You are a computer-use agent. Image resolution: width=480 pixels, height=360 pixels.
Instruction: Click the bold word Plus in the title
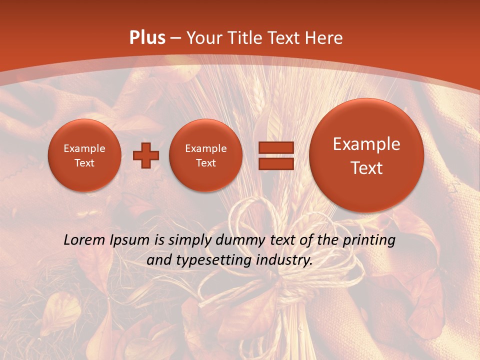coord(147,38)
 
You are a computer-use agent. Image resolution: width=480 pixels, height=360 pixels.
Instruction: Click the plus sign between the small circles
coord(146,155)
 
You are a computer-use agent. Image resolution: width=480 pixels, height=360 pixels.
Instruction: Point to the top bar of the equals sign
coord(276,147)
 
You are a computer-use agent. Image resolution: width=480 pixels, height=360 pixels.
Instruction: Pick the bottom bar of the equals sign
coord(276,163)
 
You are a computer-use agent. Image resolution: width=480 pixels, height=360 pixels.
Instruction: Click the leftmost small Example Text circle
coord(84,155)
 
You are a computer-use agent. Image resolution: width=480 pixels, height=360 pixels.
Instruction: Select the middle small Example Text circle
coord(205,155)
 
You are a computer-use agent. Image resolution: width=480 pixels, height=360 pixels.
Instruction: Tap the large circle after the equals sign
coord(366,155)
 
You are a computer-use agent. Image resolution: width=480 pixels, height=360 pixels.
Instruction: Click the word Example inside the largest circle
coord(366,144)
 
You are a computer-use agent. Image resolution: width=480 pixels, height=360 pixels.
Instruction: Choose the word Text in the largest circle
coord(366,168)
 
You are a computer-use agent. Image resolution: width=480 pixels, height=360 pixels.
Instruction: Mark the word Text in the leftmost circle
coord(84,163)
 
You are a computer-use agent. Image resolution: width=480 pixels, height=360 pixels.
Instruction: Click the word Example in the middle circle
coord(205,148)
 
